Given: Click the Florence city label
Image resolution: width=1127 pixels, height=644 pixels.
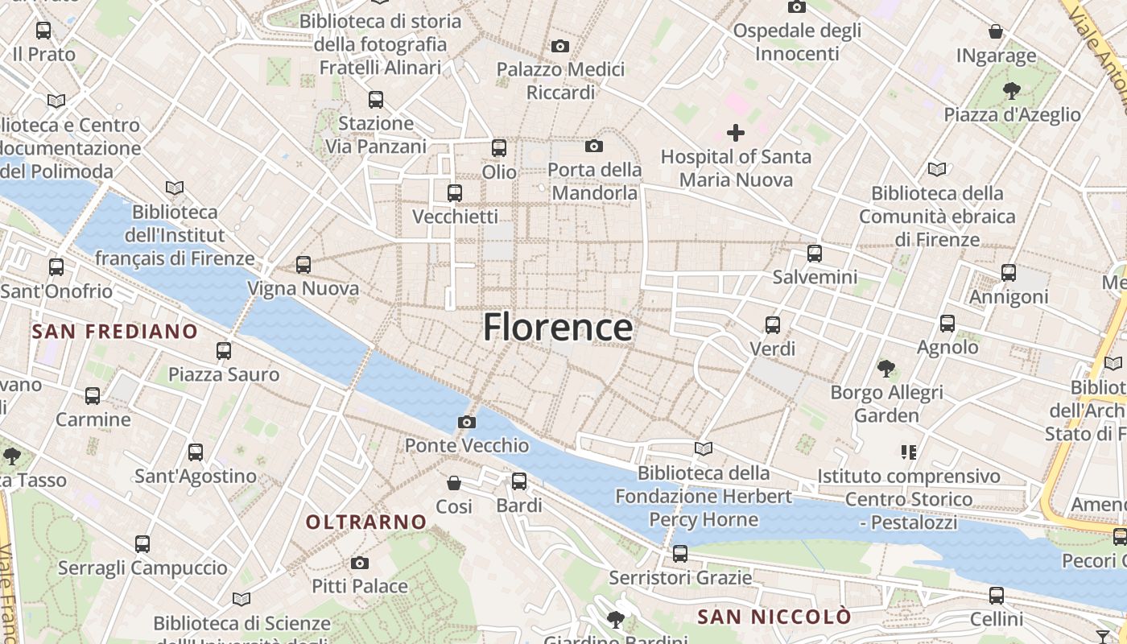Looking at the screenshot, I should coord(557,328).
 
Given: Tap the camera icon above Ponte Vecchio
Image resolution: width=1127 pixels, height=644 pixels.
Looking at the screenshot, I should coord(466,422).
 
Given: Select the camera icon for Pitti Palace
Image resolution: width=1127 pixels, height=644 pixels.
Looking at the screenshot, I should coord(360,563).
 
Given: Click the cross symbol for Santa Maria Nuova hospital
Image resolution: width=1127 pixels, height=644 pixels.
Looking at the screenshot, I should coord(736,133).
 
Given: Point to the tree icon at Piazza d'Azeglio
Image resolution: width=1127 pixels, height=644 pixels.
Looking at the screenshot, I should coord(1012,91).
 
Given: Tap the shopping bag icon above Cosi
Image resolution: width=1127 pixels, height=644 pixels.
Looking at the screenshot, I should coord(454,483).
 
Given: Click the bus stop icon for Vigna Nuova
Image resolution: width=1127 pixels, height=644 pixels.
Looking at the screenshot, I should coord(303,264).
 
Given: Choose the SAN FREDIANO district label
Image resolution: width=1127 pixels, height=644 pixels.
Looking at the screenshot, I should coord(115,331).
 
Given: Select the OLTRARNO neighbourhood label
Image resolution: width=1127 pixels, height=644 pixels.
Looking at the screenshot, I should coord(366,522).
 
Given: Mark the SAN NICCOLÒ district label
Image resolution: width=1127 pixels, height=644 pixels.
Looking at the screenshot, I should coord(774,617).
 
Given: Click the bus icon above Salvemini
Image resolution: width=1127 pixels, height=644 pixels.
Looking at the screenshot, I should coord(815,254).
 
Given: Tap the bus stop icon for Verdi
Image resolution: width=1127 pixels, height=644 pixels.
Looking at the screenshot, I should coord(773,325).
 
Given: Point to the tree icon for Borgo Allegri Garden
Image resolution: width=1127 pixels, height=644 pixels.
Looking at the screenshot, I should coord(886,369).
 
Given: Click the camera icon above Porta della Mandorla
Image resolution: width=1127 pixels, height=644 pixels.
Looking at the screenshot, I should coord(594,146).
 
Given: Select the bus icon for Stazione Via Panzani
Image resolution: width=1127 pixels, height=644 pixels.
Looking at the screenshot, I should coord(376,100).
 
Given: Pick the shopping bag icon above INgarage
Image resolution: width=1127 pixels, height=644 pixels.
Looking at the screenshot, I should coord(996,32).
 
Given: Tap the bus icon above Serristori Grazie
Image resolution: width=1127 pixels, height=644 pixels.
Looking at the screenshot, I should coord(680,554).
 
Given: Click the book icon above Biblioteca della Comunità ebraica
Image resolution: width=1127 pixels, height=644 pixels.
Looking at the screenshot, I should coord(937,170).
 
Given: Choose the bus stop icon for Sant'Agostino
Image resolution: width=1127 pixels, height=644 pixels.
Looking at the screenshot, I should coord(196,452).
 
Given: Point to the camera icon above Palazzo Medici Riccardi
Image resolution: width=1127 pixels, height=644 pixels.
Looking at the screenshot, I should coord(560,46).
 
